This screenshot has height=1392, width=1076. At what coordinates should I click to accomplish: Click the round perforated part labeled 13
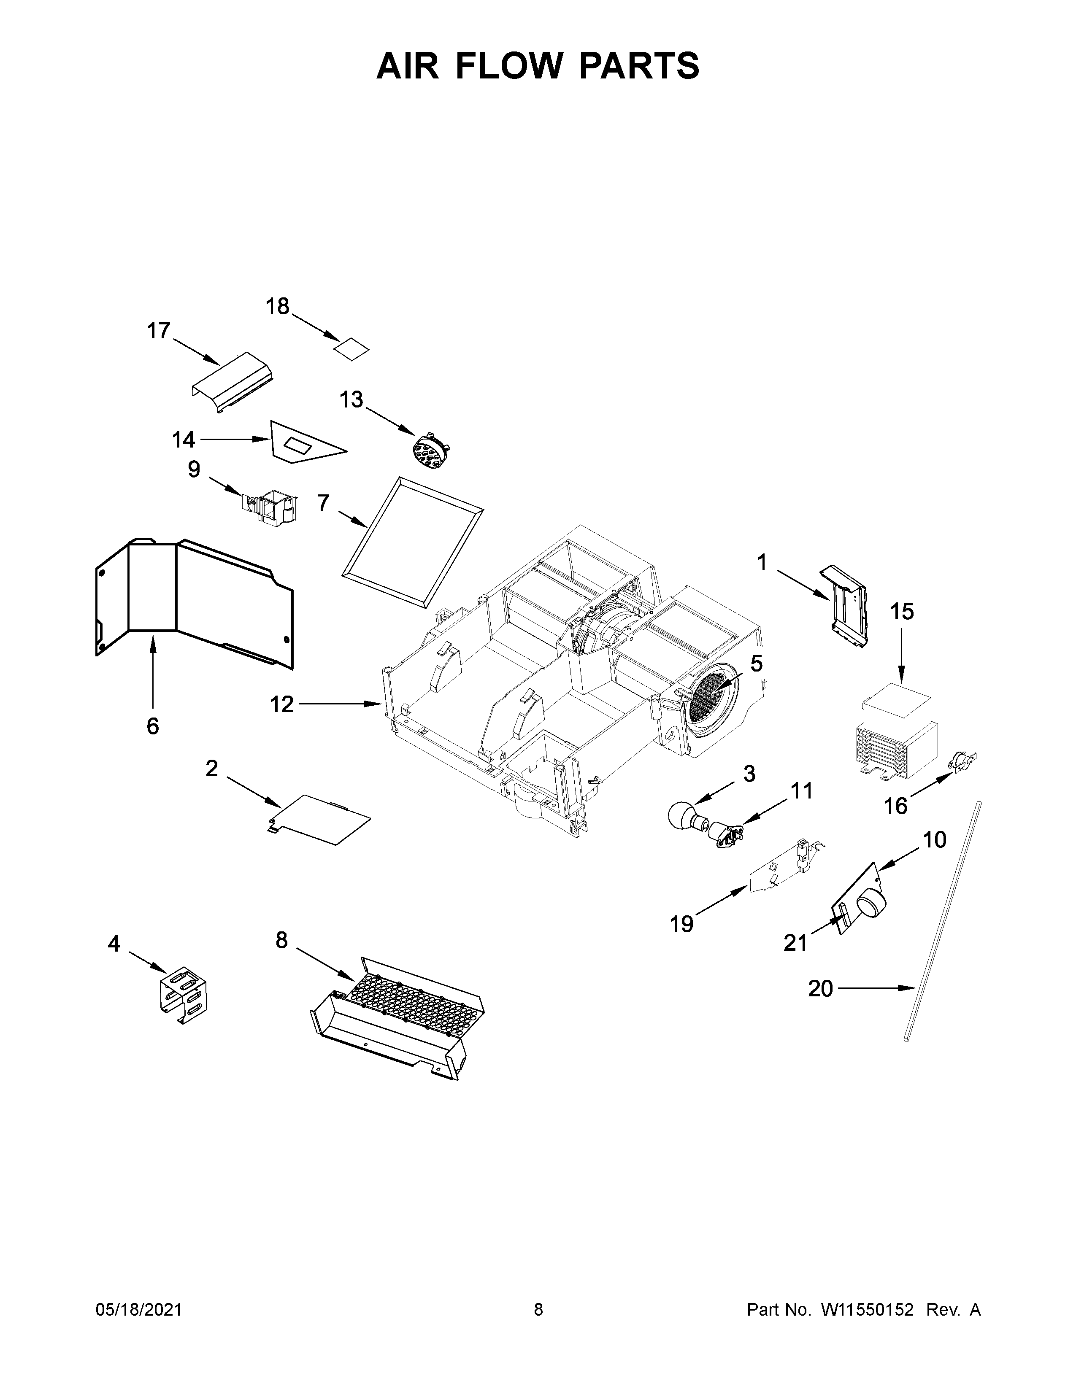click(428, 452)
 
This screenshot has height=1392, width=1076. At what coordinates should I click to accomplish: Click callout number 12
click(281, 704)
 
